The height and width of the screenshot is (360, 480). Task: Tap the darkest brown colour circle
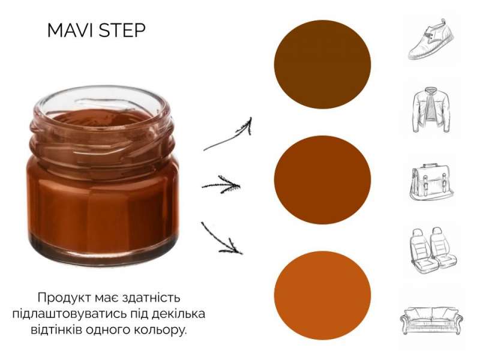pos(322,64)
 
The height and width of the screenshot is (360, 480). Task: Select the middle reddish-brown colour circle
pos(322,180)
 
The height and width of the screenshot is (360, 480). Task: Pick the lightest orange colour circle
pos(322,295)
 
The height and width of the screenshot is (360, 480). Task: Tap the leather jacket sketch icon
pos(431,110)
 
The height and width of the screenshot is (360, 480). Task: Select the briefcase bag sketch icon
pos(431,182)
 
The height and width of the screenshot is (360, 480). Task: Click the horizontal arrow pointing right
pos(221,185)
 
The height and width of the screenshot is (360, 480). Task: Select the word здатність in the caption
pos(151,298)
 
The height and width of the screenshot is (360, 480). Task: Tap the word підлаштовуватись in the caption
pos(70,314)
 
